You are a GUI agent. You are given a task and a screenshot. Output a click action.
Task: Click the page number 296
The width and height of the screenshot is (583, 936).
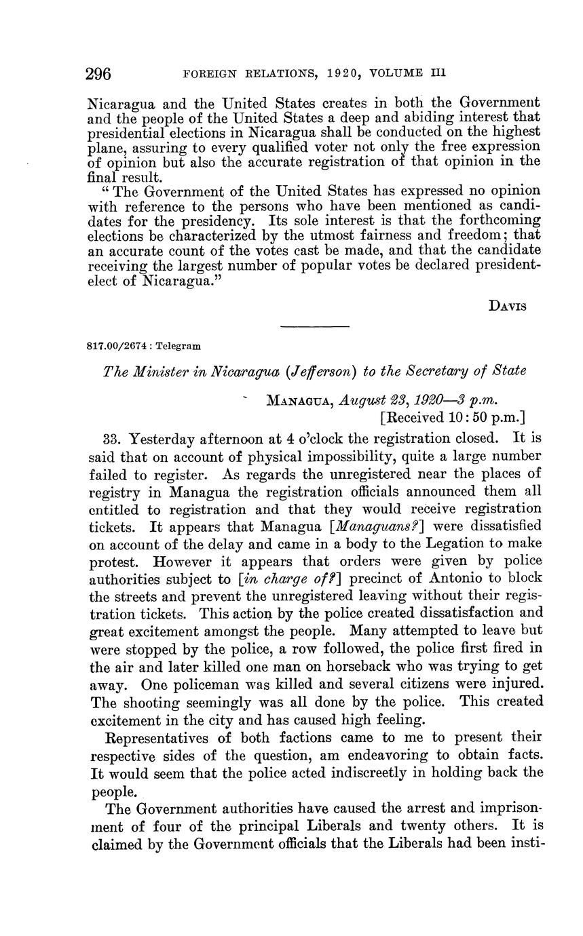coord(98,73)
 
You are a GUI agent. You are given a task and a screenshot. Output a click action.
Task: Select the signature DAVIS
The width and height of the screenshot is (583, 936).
coord(508,306)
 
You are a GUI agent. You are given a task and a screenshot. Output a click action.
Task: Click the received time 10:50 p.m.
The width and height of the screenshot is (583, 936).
coord(489,418)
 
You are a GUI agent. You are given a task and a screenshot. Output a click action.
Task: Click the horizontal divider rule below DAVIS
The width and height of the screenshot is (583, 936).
coord(314,328)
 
